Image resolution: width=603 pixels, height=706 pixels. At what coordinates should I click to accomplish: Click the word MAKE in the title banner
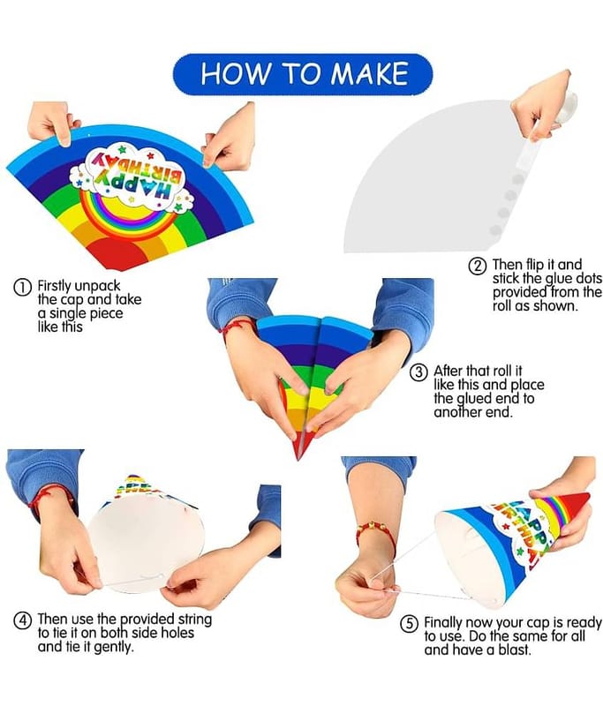click(x=369, y=74)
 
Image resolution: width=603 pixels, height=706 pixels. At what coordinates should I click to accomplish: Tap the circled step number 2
click(x=478, y=266)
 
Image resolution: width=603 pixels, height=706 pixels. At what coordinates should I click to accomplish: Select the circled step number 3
click(x=418, y=372)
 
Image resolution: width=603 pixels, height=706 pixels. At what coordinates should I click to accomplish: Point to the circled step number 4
click(x=23, y=621)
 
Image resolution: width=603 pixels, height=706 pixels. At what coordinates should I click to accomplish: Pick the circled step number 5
click(x=409, y=624)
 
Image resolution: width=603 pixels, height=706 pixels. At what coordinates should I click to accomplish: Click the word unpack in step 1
click(x=97, y=286)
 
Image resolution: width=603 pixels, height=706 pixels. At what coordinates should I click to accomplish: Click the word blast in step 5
click(x=515, y=650)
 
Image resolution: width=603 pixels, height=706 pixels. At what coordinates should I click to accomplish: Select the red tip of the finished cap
click(x=577, y=502)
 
